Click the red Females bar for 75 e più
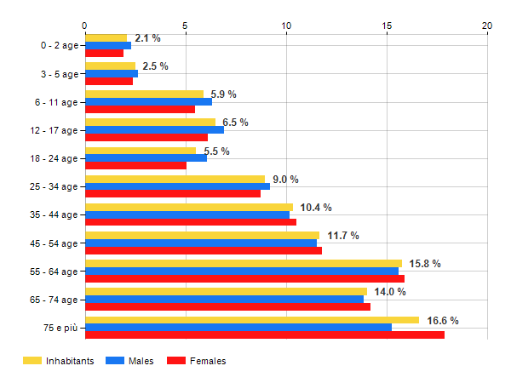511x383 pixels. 264,335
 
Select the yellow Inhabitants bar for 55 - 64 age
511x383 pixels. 243,263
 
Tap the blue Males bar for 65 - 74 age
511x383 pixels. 224,299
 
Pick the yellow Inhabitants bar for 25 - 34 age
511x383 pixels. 175,179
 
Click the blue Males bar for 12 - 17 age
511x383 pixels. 154,129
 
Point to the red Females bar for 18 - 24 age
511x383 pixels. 135,166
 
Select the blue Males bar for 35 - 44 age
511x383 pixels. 187,214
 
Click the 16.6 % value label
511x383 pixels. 443,321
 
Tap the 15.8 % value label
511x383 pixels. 425,264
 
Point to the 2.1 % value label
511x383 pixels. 147,38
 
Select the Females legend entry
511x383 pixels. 196,361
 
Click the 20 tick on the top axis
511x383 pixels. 487,26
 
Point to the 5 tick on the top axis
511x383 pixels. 185,26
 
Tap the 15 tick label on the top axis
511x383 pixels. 387,26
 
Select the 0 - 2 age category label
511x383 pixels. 55,45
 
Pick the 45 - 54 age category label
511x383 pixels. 53,243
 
